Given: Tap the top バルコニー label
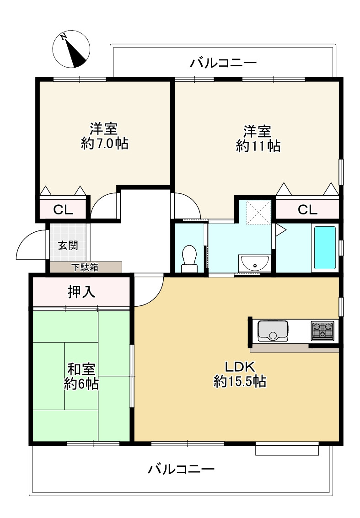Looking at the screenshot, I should pos(224,63).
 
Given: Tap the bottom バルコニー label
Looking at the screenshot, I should pos(181,469).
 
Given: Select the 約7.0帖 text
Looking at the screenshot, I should pos(104,144).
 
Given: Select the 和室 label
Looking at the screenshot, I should pos(81,368).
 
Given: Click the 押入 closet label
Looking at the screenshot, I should pos(81,292).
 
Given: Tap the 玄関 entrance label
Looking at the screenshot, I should pos(68,245).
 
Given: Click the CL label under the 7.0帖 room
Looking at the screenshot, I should pos(63,210).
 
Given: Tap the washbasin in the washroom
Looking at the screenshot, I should pos(254,264).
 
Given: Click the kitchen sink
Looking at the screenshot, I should pos(273,331).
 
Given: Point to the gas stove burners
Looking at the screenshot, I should pos(323,330).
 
